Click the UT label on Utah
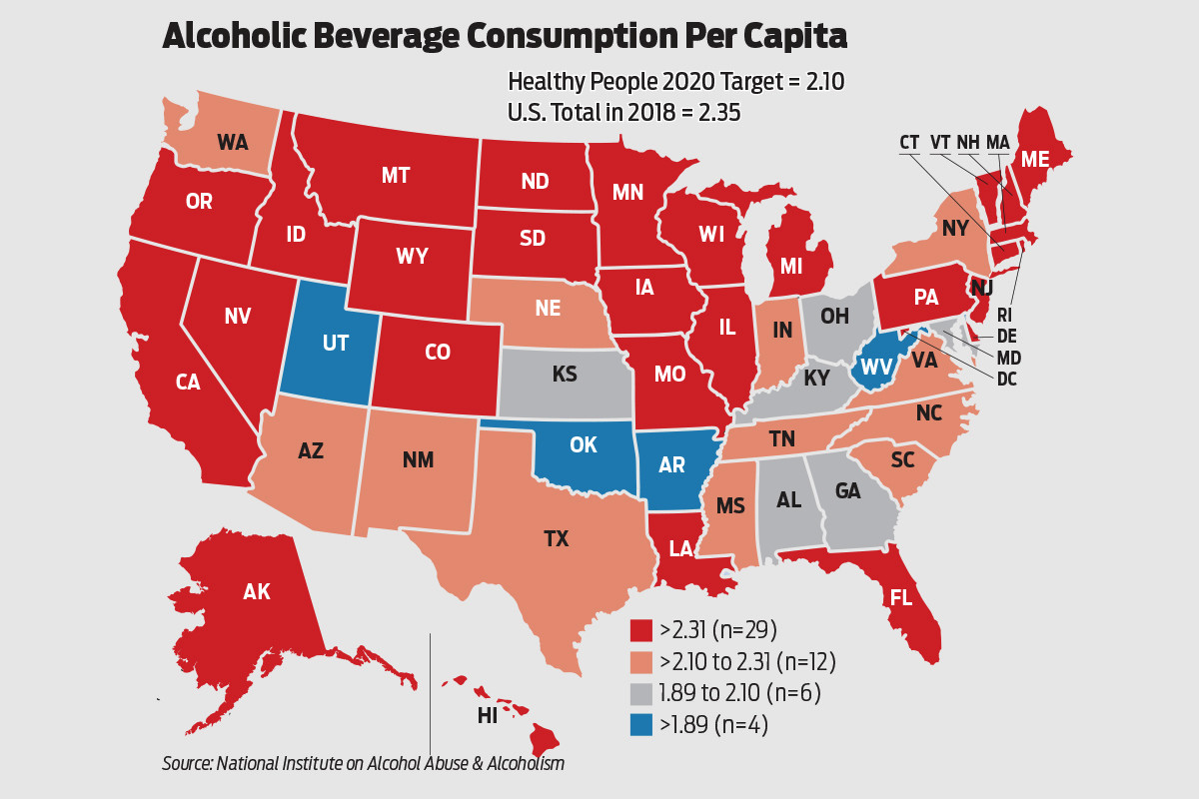point(336,343)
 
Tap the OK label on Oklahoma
point(584,445)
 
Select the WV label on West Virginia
point(876,367)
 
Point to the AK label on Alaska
point(257,591)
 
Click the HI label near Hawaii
point(488,715)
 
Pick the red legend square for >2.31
point(640,630)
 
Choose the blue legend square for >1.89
point(640,726)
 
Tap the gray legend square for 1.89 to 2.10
point(640,694)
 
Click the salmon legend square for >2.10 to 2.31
point(640,662)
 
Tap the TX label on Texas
point(556,539)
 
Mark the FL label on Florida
point(902,598)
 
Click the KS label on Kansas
point(565,375)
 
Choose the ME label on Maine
point(1034,159)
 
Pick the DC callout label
point(1008,379)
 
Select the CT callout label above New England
point(909,143)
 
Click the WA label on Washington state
point(232,142)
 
